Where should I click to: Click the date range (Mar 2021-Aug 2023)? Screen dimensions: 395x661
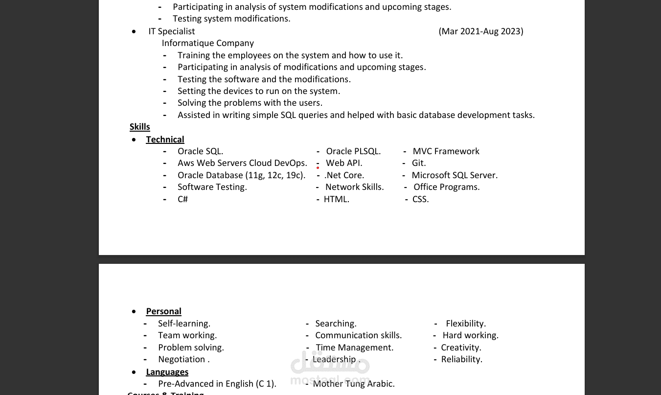pos(481,31)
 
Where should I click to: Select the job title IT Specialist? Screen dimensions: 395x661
pos(172,31)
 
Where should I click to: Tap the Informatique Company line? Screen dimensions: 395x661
pos(208,43)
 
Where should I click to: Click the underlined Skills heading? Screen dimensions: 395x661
pos(140,127)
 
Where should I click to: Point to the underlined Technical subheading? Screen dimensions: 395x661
pos(165,139)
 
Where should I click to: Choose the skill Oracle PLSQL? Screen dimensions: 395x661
pos(353,151)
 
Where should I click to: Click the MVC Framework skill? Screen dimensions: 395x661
pos(446,151)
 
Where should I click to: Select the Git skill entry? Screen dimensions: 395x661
pos(419,163)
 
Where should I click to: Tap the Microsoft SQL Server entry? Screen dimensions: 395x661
pos(455,175)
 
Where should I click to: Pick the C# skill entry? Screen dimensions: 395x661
pos(182,199)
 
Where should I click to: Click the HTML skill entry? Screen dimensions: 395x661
pos(337,199)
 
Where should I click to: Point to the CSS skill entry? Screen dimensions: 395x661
pos(420,199)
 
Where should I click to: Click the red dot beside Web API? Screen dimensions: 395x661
pos(318,168)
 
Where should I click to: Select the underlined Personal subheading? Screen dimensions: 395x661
pos(163,311)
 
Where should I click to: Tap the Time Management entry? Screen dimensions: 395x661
pos(354,348)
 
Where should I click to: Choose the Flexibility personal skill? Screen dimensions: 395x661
pos(466,324)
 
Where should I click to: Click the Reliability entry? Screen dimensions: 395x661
pos(461,359)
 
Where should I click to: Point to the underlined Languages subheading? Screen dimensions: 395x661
pos(167,372)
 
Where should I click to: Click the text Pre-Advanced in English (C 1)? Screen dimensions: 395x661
pos(217,384)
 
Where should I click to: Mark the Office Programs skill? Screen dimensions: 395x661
pos(446,187)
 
